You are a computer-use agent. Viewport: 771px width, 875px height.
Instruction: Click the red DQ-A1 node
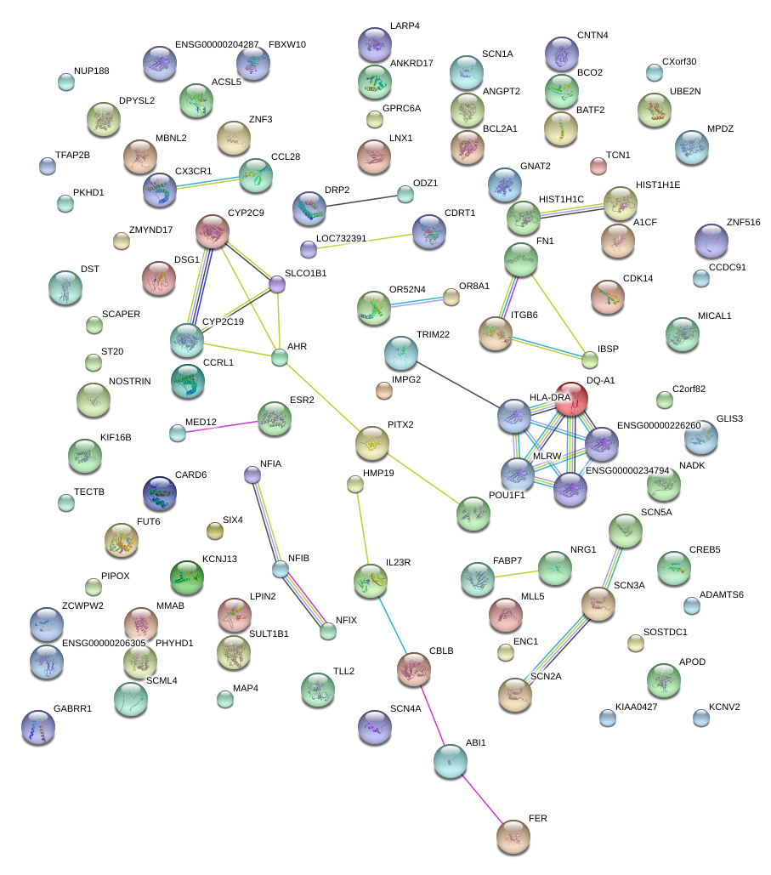point(571,398)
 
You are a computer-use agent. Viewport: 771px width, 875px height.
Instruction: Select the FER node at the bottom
point(513,837)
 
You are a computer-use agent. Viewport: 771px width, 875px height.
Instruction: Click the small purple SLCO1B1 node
point(277,285)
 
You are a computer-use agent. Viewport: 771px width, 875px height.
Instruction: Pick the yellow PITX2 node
point(371,442)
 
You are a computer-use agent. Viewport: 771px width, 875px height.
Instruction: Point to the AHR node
point(280,358)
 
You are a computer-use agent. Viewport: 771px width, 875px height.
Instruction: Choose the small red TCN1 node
point(598,166)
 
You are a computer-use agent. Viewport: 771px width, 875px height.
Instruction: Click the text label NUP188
point(92,71)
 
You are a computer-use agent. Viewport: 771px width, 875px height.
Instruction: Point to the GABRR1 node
point(38,727)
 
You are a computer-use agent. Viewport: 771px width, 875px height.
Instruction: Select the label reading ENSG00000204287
point(217,44)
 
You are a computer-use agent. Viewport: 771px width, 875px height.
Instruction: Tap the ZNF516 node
point(711,241)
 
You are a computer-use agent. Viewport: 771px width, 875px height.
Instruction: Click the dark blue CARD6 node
point(160,493)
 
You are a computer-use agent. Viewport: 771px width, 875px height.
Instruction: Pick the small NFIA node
point(252,474)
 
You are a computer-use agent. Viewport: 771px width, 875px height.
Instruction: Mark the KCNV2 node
point(700,718)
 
